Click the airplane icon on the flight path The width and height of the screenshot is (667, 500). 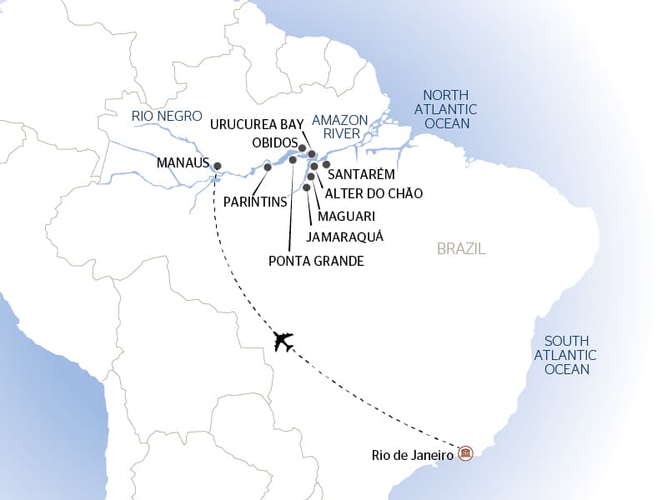(x=283, y=341)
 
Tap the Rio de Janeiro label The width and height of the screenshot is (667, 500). (x=413, y=455)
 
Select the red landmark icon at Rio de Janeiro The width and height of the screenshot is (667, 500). (x=466, y=452)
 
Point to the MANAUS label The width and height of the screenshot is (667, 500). (x=182, y=163)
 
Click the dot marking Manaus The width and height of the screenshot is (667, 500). (x=218, y=166)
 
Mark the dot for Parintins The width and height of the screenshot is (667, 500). (x=268, y=167)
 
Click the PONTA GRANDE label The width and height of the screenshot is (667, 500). (x=316, y=261)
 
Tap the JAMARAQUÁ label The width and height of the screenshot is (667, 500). (x=344, y=237)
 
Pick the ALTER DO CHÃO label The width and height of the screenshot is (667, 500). (x=374, y=193)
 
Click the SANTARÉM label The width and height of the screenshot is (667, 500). (x=361, y=175)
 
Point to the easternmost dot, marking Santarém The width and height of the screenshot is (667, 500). (x=327, y=164)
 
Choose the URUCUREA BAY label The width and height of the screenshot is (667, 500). (x=257, y=124)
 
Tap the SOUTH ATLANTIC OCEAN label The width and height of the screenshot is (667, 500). (x=566, y=355)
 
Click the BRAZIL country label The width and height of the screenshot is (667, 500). (x=461, y=249)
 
